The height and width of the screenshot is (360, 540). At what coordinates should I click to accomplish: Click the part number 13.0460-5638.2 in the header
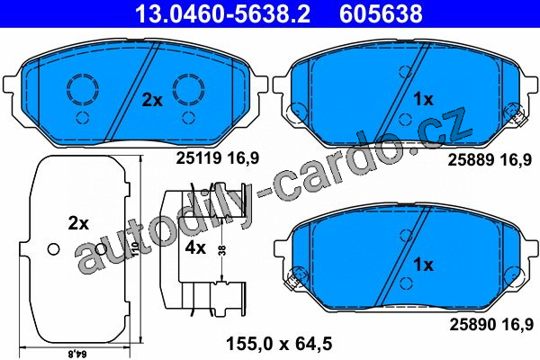222,13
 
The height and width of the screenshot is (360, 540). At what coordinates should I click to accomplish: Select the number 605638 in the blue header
381,13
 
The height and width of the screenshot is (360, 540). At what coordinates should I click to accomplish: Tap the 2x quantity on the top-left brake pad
153,100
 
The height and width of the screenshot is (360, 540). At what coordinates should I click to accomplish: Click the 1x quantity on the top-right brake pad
424,100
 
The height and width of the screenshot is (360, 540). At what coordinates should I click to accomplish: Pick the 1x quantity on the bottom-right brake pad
424,265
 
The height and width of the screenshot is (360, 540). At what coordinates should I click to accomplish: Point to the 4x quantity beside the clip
195,247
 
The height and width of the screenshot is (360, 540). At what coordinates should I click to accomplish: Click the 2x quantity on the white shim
78,223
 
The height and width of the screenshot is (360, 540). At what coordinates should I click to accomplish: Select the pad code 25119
198,158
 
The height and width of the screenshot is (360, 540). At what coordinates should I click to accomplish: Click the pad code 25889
471,160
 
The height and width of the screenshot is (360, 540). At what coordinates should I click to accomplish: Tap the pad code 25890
472,324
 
